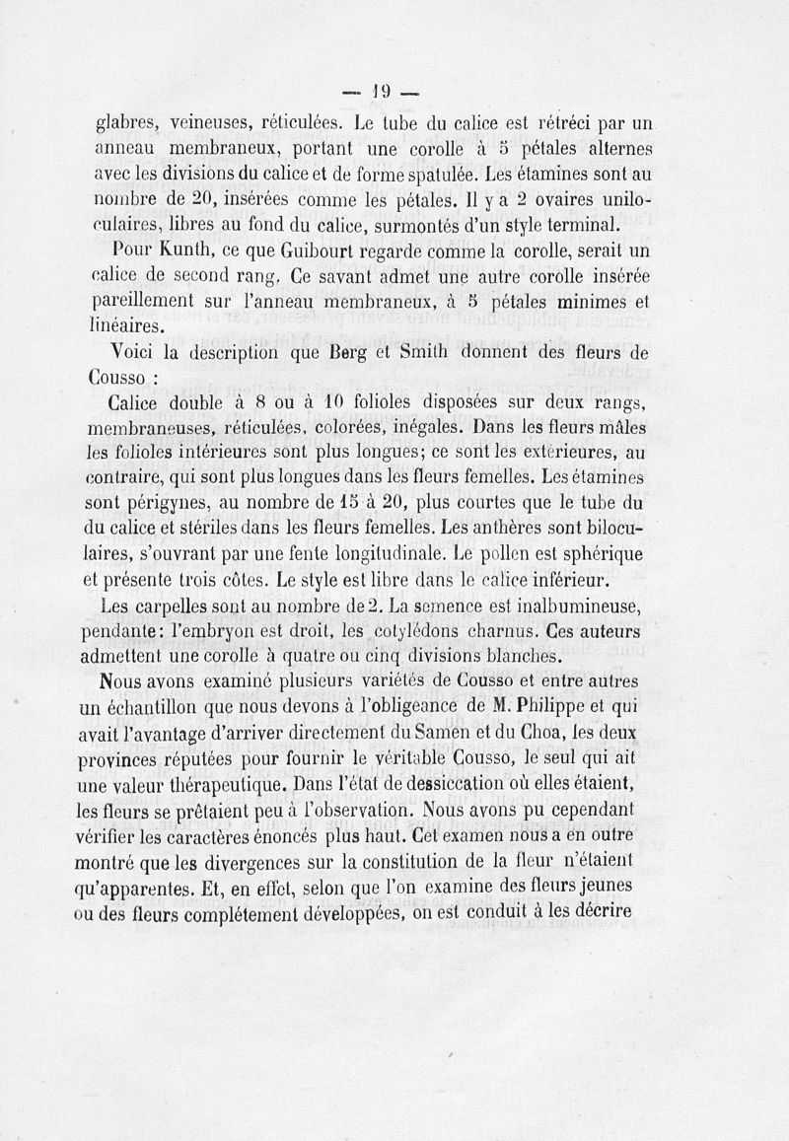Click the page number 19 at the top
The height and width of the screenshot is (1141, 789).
point(382,91)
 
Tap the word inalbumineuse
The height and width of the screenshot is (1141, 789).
point(581,605)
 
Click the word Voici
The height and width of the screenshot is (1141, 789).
point(137,352)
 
